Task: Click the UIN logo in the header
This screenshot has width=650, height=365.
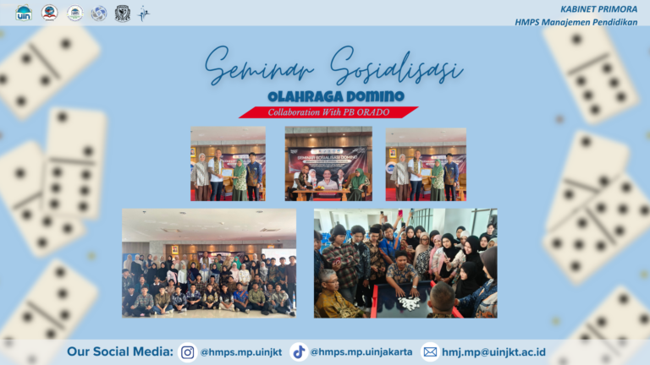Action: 23,13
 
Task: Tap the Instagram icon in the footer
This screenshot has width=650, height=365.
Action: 188,352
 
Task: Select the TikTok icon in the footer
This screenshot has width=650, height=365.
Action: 298,352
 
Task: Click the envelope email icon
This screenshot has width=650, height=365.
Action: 430,352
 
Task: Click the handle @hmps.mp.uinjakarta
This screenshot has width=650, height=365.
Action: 361,352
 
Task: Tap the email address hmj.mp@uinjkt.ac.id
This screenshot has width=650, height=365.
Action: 493,352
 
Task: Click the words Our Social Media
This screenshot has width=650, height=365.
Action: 120,352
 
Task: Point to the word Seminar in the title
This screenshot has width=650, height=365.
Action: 252,67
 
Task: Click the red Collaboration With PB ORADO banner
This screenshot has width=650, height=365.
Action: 328,112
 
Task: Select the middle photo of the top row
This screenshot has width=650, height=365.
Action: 328,163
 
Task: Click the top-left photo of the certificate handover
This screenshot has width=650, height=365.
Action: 228,163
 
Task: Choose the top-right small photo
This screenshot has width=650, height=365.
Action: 426,163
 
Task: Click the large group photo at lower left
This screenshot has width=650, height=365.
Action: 209,263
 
